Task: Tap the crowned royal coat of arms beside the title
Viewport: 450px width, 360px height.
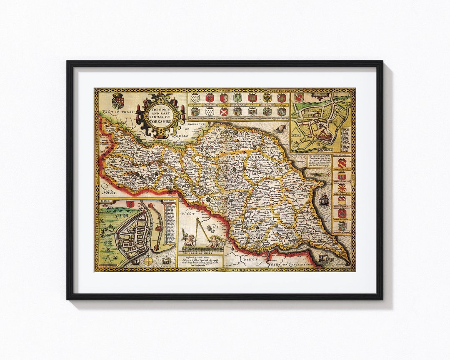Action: [117, 101]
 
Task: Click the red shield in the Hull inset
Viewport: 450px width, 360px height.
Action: [130, 204]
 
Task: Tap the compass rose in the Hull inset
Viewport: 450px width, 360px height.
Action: [148, 260]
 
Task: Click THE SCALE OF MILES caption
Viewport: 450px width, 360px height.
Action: [200, 252]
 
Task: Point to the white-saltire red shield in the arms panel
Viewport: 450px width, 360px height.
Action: [224, 111]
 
